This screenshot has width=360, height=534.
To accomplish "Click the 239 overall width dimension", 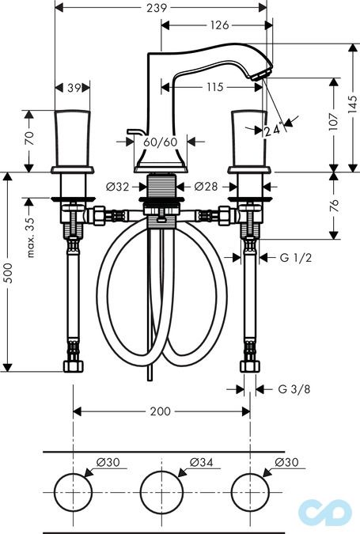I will tap(161, 8).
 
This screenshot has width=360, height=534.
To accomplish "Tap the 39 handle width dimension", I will tap(72, 88).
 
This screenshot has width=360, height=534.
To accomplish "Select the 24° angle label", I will tap(273, 131).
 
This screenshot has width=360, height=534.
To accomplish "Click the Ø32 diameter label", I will tap(117, 187).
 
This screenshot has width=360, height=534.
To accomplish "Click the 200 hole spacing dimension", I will tap(161, 411).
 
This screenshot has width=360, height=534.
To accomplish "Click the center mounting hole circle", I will tap(161, 489).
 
